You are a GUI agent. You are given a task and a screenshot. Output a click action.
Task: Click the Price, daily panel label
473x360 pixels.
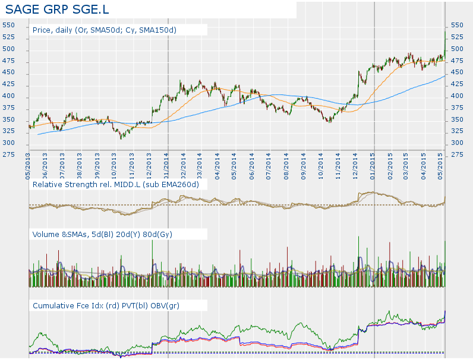pos(105,29)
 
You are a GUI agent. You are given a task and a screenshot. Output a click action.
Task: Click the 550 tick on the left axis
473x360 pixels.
pos(8,25)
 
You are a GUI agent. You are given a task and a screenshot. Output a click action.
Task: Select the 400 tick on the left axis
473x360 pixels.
pos(8,96)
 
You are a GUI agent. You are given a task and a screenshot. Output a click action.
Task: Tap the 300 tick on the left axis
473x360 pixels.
pos(8,143)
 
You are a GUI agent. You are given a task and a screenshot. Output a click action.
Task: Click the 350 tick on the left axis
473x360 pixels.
pos(8,119)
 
